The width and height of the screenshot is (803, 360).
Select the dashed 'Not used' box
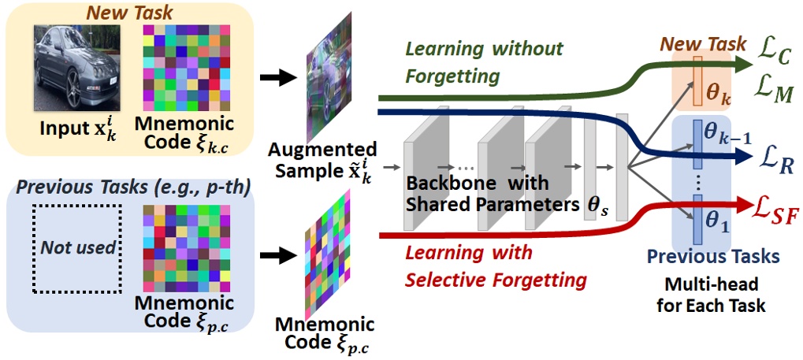76,247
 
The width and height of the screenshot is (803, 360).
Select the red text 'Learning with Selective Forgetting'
489,266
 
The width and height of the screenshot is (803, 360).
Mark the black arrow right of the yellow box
276,78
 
